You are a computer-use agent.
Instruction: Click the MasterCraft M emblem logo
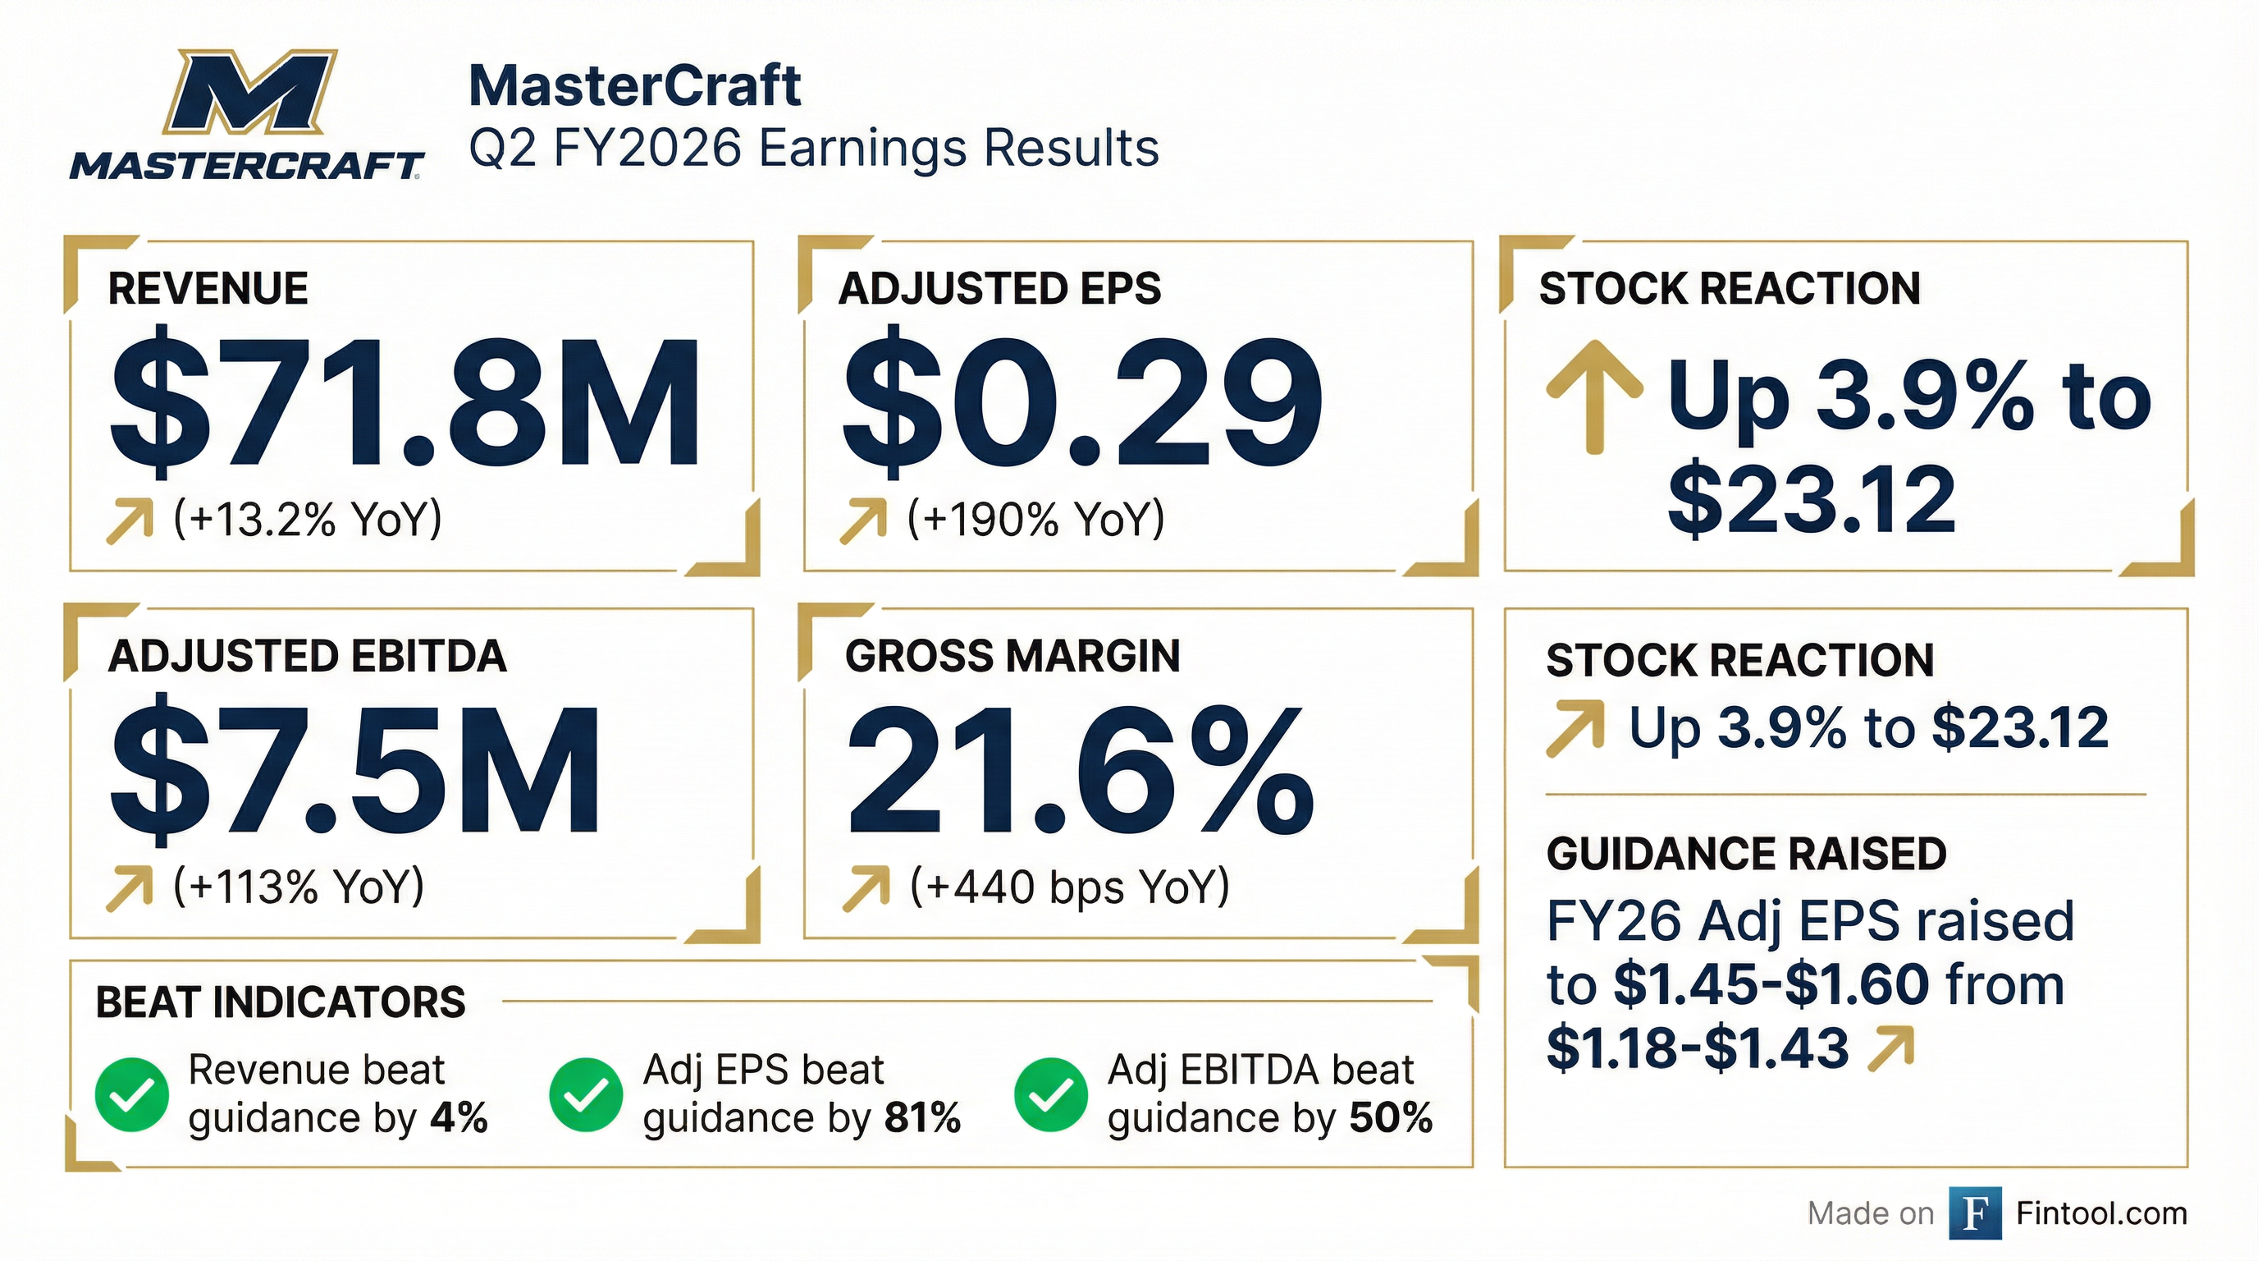click(249, 92)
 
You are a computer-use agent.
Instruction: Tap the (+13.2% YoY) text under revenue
click(308, 518)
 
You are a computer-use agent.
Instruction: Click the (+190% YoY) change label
click(1035, 518)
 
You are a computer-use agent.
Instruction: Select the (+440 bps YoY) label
click(1069, 887)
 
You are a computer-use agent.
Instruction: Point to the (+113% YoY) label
click(299, 887)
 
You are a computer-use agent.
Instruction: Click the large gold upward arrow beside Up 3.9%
click(1594, 397)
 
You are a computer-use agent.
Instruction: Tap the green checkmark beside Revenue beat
click(132, 1094)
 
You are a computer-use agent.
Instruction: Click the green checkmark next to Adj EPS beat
click(586, 1094)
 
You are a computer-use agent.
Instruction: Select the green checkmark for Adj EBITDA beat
click(1050, 1094)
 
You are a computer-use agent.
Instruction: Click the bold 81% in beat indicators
click(922, 1118)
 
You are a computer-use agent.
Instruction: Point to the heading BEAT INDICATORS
click(281, 1002)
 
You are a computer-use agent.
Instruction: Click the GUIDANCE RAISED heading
click(1746, 853)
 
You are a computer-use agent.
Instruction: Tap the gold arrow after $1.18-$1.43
click(1890, 1050)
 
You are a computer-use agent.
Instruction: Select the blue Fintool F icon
click(1975, 1213)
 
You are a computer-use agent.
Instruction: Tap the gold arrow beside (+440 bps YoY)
click(865, 888)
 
